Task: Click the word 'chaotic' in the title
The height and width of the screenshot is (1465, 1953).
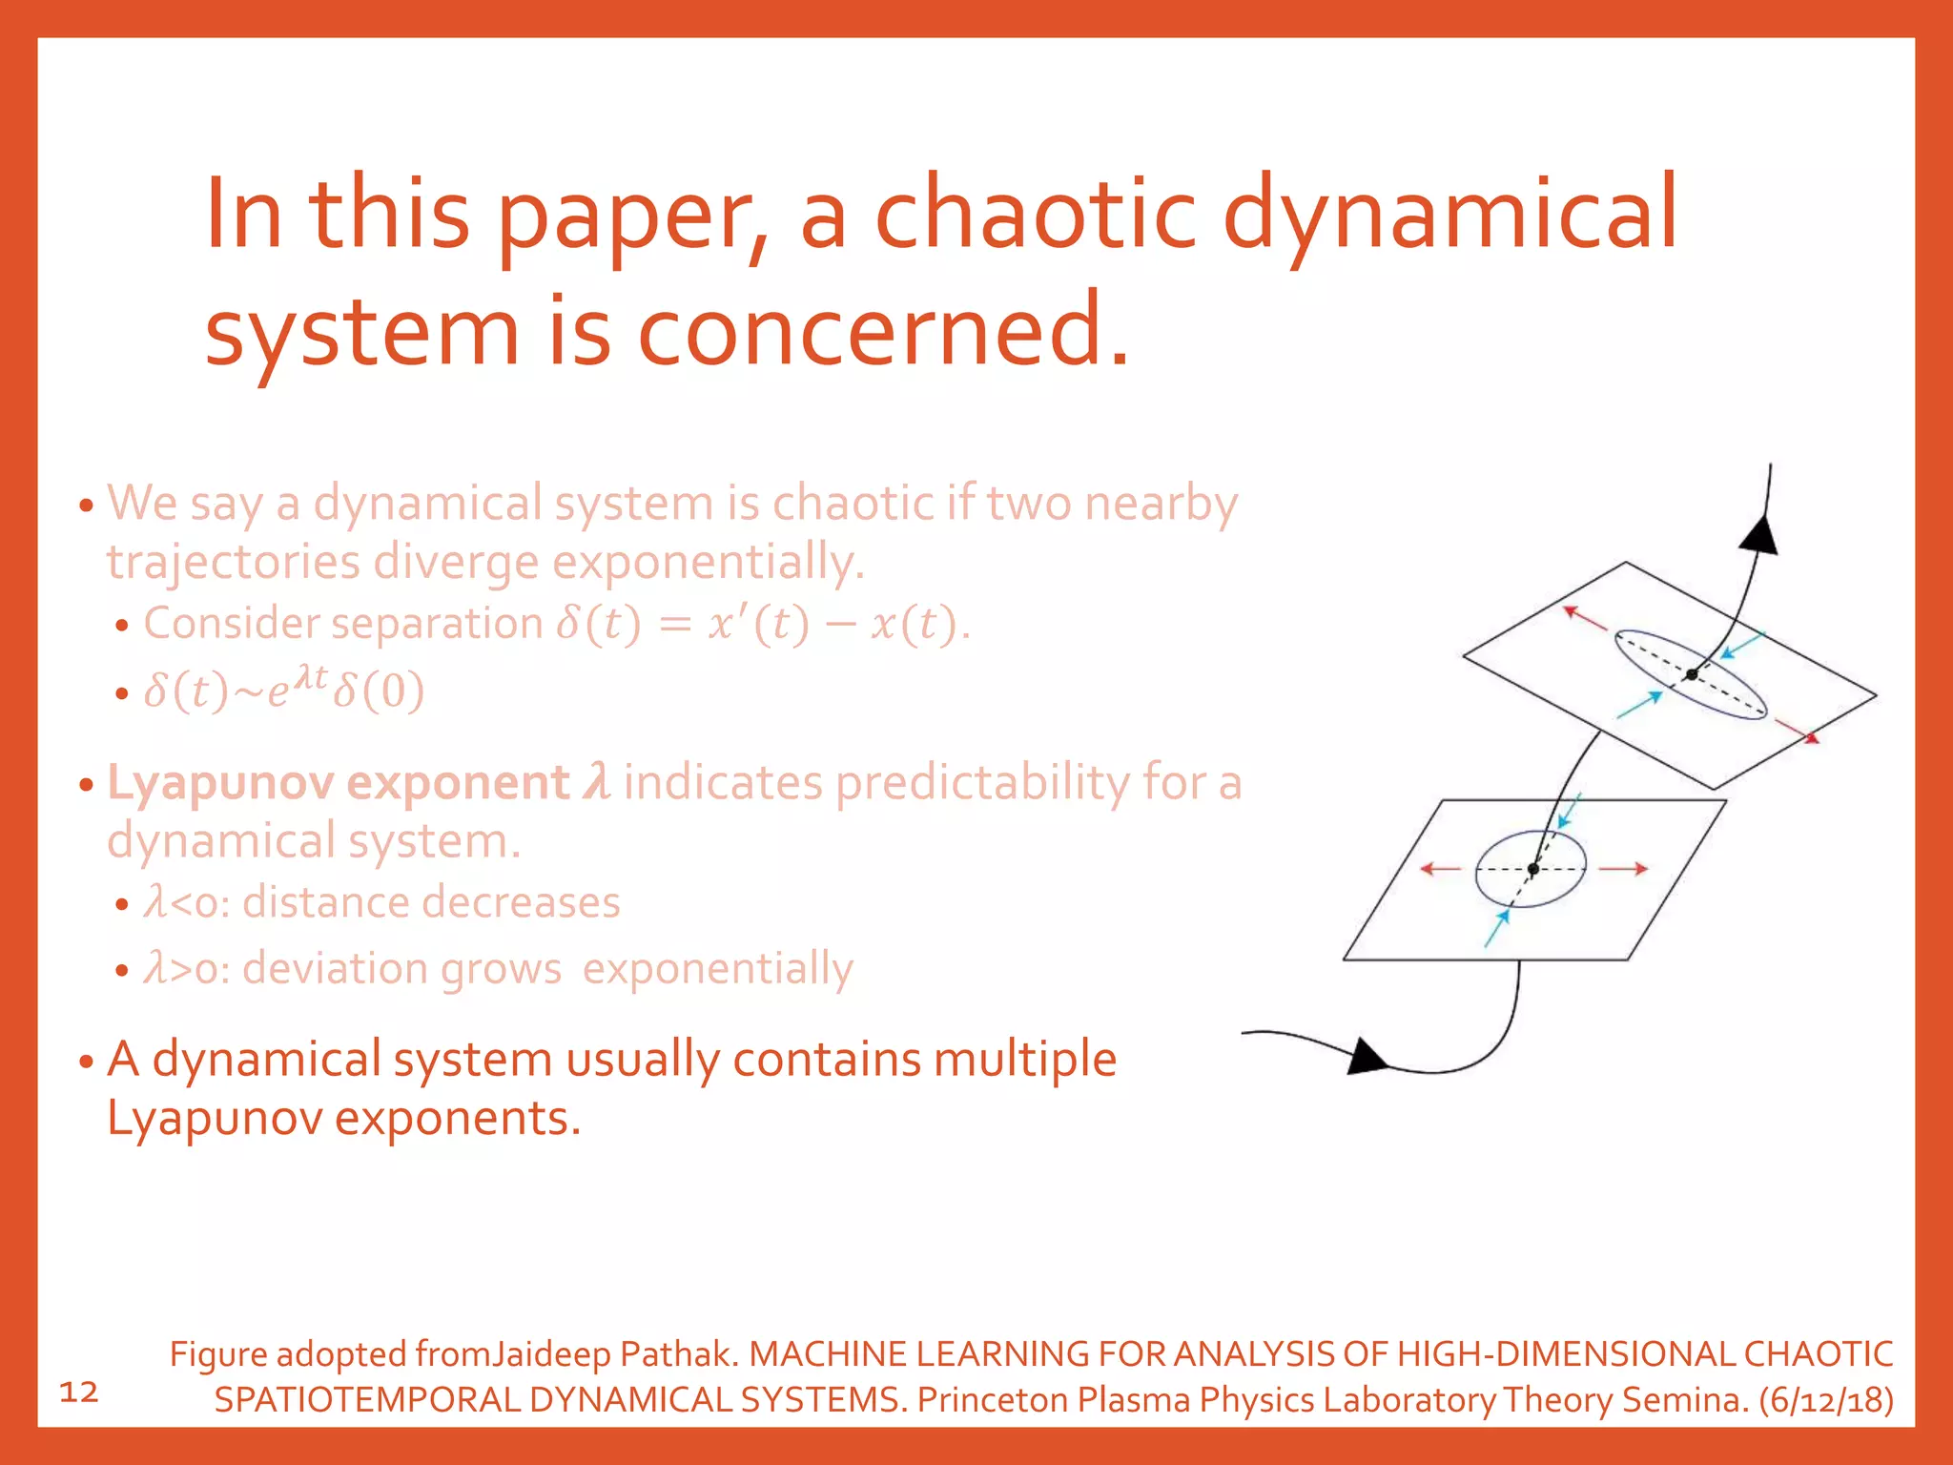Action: tap(1035, 214)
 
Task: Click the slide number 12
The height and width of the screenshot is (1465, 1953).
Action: tap(79, 1392)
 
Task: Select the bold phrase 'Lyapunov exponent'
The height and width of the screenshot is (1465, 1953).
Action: tap(338, 783)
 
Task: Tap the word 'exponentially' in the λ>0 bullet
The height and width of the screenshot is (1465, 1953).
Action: tap(717, 969)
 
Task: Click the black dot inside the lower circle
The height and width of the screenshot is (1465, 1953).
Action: tap(1532, 869)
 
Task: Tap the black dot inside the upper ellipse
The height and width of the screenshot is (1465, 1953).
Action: tap(1691, 674)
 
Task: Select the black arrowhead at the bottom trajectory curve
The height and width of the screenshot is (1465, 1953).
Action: tap(1368, 1056)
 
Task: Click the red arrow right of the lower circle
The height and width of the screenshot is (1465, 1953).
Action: tap(1623, 869)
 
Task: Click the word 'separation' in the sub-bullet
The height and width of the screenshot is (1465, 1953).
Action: tap(439, 624)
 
